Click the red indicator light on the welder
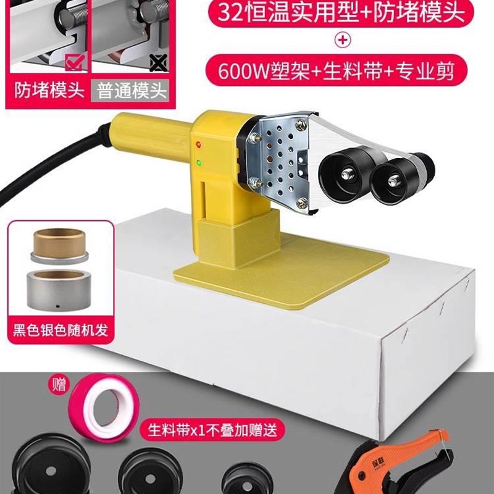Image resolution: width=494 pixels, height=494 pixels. (199, 145)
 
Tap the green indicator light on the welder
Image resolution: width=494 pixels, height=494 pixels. (199, 164)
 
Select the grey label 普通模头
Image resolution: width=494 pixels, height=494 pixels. (132, 92)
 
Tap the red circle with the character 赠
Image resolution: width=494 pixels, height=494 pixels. (59, 388)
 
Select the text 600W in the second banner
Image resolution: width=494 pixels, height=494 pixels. (242, 72)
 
